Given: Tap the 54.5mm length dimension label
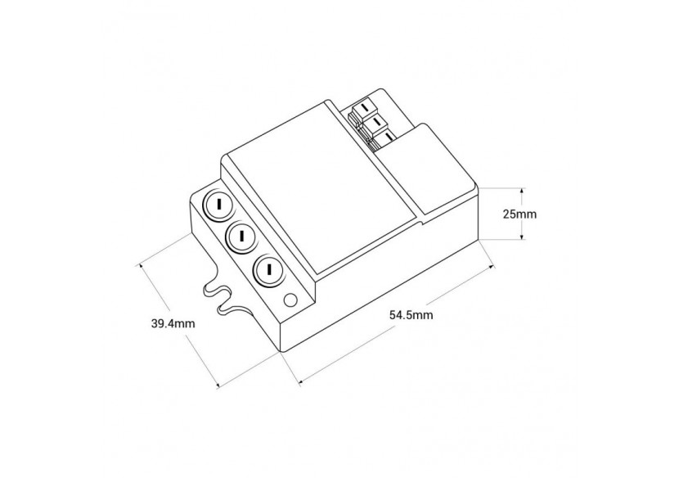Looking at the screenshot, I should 411,315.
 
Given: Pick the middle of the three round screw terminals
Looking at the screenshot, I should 243,237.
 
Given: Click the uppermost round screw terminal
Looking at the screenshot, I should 219,205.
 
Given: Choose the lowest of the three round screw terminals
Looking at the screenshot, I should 268,269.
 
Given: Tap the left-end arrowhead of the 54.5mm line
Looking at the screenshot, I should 300,379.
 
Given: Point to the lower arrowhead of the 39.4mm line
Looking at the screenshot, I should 218,385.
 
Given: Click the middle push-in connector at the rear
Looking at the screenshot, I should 378,123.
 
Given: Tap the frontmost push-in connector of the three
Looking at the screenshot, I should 389,137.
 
